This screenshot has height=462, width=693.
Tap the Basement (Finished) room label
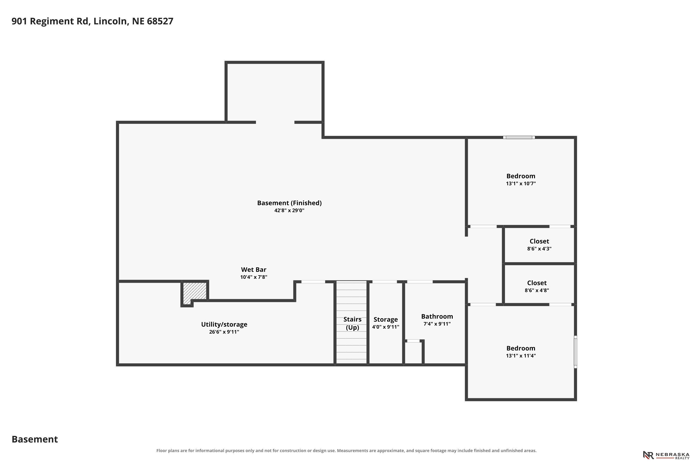(x=289, y=203)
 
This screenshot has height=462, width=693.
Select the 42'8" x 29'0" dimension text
(x=289, y=210)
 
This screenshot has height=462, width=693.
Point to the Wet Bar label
(x=254, y=270)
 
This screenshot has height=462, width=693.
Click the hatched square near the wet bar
(x=195, y=293)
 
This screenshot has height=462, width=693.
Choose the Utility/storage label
(x=224, y=324)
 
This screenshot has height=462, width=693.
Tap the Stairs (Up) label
(x=353, y=323)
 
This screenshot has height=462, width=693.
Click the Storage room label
(x=386, y=319)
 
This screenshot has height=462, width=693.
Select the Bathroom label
(x=437, y=316)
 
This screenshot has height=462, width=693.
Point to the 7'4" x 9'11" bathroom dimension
(x=437, y=324)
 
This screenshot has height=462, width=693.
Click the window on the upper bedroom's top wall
(x=519, y=137)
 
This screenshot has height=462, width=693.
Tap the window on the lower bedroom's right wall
(x=575, y=352)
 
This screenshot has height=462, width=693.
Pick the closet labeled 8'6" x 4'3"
(x=539, y=245)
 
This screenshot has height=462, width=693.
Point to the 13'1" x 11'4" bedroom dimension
(x=521, y=356)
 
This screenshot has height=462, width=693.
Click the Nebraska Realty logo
(x=667, y=455)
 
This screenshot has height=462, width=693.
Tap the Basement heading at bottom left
(x=35, y=439)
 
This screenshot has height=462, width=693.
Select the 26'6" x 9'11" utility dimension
(x=224, y=332)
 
